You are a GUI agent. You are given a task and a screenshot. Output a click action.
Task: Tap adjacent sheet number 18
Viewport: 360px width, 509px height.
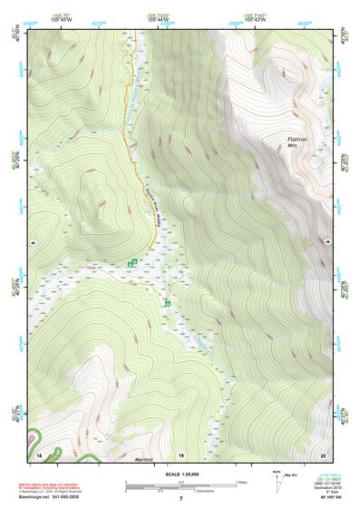[x=39, y=453]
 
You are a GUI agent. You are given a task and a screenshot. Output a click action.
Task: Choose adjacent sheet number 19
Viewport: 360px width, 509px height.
[x=180, y=453]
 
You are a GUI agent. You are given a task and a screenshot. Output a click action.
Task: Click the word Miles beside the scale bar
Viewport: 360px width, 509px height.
[x=240, y=482]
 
